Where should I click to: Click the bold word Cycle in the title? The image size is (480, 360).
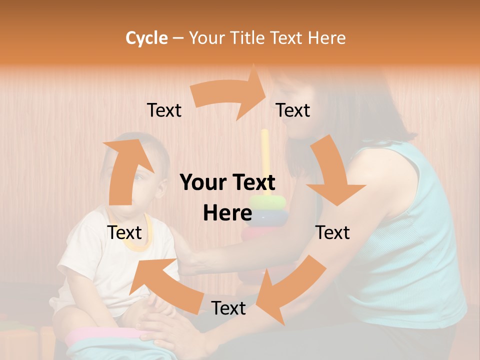146,38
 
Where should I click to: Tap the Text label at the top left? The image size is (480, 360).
164,110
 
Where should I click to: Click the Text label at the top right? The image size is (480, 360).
293,110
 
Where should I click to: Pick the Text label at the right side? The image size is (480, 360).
332,232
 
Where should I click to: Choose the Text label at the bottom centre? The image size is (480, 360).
228,308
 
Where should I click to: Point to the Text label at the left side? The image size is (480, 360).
124,232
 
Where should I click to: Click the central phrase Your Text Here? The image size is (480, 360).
227,197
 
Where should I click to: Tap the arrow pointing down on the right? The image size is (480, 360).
332,172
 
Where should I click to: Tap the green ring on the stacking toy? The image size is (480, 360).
268,202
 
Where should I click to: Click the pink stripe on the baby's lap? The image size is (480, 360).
100,334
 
